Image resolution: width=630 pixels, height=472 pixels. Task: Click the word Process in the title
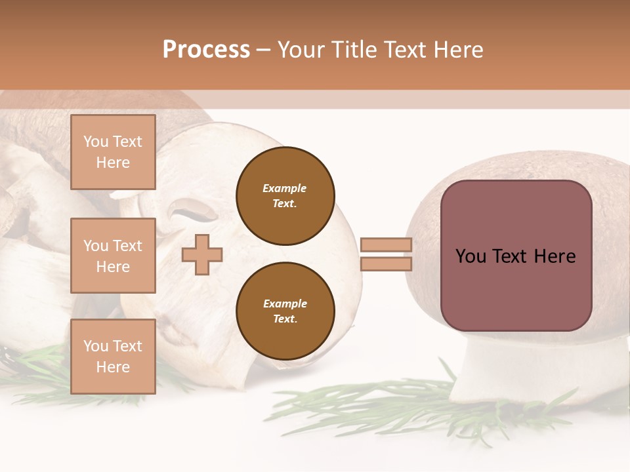206,50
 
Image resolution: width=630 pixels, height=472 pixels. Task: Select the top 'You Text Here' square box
113,152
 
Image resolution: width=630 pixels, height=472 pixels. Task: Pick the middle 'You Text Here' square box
113,256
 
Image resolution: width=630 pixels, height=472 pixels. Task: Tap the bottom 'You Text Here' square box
113,357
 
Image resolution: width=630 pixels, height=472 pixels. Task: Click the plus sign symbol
202,254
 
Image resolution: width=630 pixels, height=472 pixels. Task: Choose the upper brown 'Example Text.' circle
285,196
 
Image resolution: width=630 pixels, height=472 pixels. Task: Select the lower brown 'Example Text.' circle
285,311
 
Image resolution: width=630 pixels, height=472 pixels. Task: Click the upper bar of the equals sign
386,245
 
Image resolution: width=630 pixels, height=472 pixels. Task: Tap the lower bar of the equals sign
386,264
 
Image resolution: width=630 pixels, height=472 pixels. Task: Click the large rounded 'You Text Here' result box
516,256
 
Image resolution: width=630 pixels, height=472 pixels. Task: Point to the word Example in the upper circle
285,188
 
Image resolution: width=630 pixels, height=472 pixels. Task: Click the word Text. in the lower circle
285,319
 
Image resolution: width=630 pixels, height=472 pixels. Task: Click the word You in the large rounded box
471,256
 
